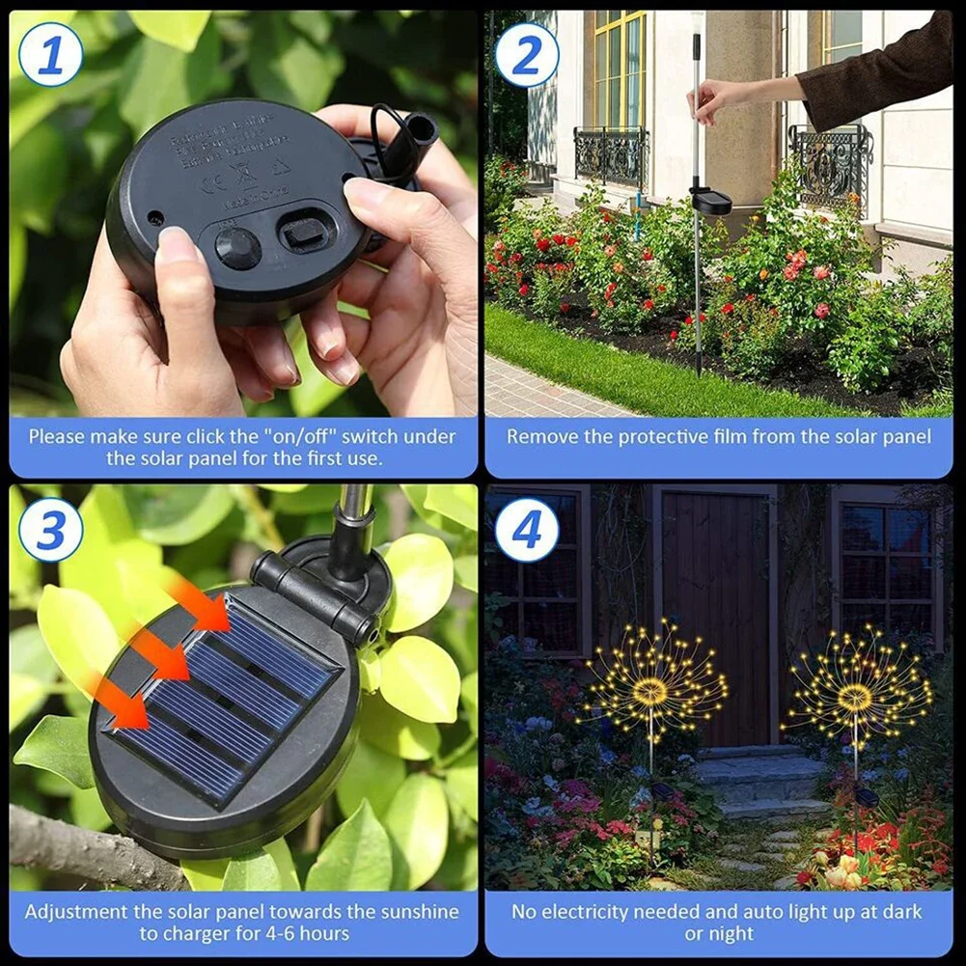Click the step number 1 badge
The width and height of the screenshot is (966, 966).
(x=50, y=54)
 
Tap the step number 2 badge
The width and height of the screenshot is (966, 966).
(x=527, y=54)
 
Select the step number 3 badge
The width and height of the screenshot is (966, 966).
(x=50, y=530)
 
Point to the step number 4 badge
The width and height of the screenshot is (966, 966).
(x=527, y=530)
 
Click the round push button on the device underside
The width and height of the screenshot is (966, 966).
(x=237, y=248)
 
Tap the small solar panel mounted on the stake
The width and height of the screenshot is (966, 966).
(x=711, y=200)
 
